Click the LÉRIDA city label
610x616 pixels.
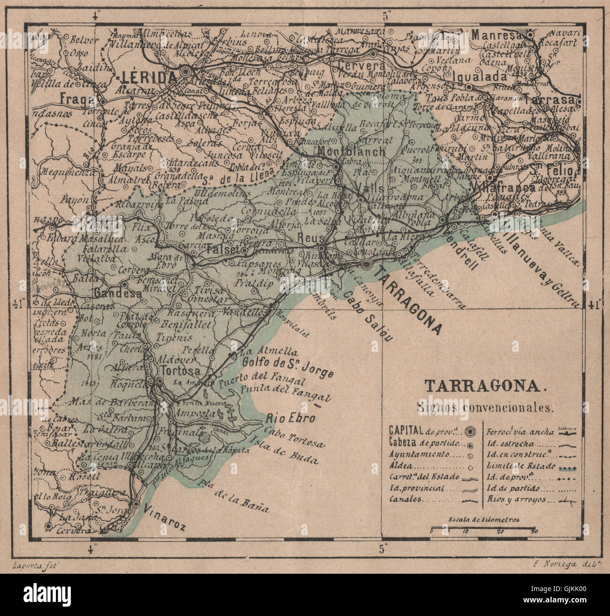148,77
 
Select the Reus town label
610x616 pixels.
307,238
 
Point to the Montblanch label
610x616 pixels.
351,152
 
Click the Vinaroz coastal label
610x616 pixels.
165,517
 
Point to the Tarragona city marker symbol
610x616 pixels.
367,265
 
